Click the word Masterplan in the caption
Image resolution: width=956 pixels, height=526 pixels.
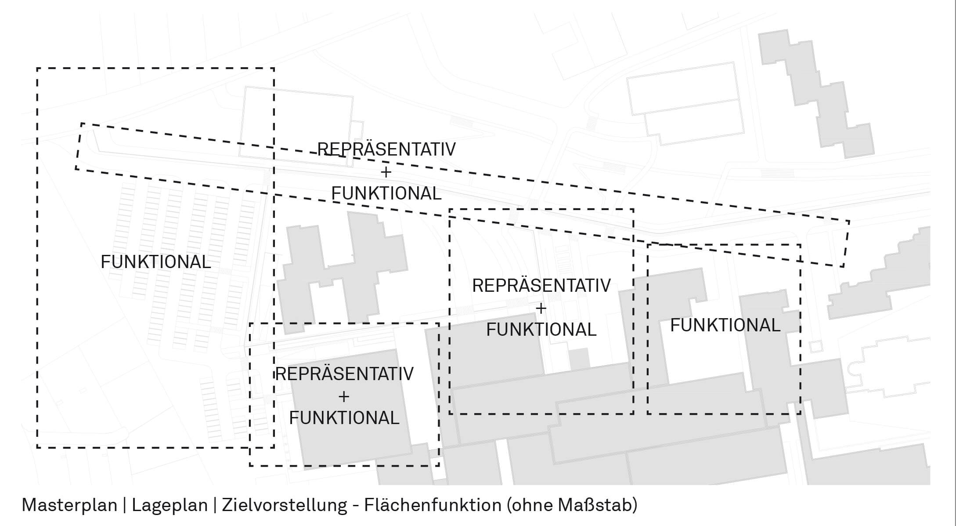[x=69, y=505]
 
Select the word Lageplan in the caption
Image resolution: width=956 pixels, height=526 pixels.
[x=170, y=505]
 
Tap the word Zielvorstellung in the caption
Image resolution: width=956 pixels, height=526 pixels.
[x=285, y=505]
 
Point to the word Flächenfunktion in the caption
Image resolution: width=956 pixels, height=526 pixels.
[x=433, y=505]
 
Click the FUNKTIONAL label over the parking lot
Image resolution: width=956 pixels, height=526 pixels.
[x=155, y=262]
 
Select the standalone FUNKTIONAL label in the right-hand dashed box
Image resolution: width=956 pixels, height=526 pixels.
[x=725, y=326]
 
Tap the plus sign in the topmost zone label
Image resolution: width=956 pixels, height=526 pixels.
[x=386, y=172]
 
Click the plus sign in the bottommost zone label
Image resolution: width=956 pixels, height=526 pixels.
[x=344, y=396]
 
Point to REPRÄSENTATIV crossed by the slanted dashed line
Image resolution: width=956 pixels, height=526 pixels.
[x=386, y=149]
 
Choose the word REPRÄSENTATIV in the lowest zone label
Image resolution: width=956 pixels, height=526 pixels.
[x=344, y=374]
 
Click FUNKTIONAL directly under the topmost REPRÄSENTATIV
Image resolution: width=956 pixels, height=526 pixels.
[x=386, y=194]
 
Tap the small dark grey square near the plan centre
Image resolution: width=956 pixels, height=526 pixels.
[x=579, y=358]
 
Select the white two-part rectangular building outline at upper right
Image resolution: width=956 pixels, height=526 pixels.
[x=685, y=103]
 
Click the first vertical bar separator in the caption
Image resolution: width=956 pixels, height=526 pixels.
[x=125, y=505]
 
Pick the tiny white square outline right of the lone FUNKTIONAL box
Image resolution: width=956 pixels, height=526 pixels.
[x=815, y=346]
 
